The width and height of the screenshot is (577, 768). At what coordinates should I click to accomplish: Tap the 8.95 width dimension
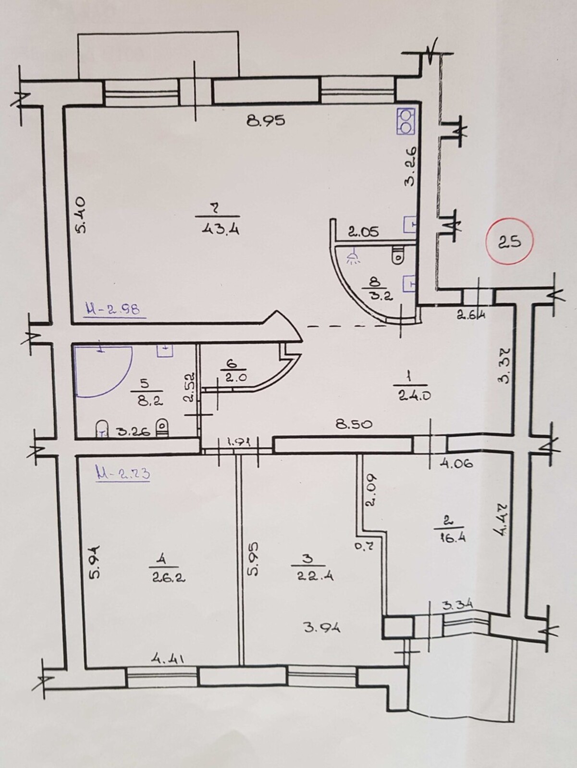point(266,120)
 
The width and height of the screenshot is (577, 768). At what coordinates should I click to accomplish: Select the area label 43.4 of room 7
point(221,229)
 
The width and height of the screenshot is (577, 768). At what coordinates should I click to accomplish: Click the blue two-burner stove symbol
point(406,121)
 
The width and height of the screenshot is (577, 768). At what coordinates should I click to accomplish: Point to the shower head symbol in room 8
point(353,256)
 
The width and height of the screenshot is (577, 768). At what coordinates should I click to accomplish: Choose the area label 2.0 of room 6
point(233,379)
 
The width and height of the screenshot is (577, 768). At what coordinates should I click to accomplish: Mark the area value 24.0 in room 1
point(414,396)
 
